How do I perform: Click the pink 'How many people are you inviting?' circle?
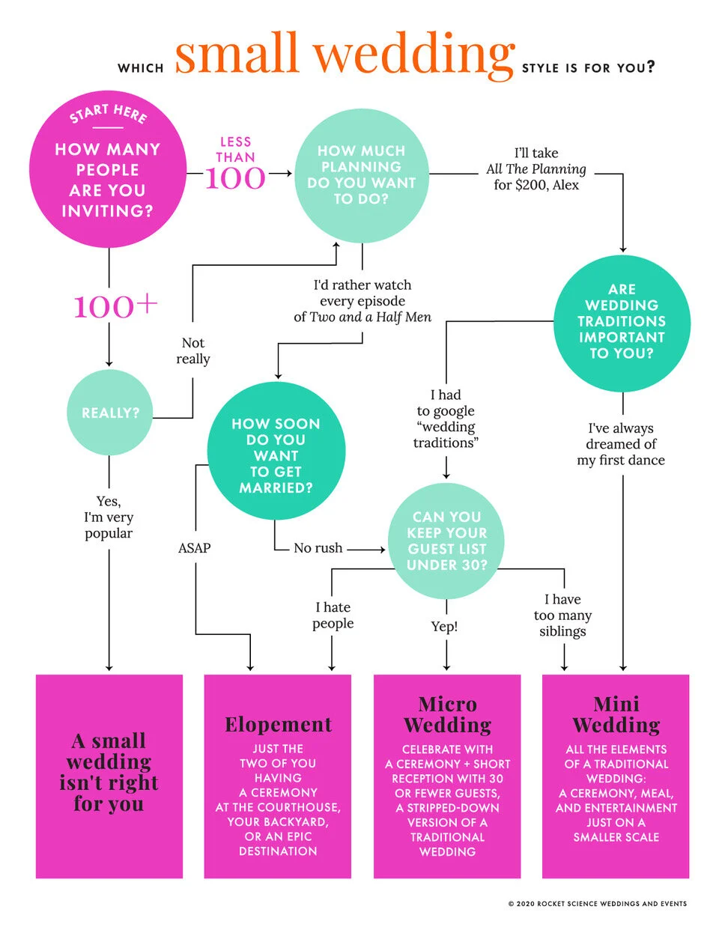(x=108, y=170)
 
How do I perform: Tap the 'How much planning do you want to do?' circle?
(x=362, y=175)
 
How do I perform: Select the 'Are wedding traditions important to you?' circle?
(x=622, y=322)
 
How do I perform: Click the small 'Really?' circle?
(x=110, y=413)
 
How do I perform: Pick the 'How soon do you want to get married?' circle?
(x=276, y=452)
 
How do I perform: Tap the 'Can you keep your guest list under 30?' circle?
(x=446, y=541)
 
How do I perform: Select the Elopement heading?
(x=278, y=724)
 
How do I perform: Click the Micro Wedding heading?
(x=447, y=714)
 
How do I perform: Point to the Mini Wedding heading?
(x=616, y=714)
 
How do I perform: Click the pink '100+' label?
(x=115, y=306)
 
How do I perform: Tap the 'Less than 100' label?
(x=235, y=165)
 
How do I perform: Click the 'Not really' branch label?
(x=193, y=350)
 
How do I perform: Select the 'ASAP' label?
(x=195, y=548)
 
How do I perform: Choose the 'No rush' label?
(x=318, y=548)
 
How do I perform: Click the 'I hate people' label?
(x=333, y=615)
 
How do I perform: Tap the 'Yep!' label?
(x=444, y=626)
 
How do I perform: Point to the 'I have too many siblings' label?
(x=562, y=615)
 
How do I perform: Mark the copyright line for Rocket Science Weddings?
(x=597, y=904)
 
